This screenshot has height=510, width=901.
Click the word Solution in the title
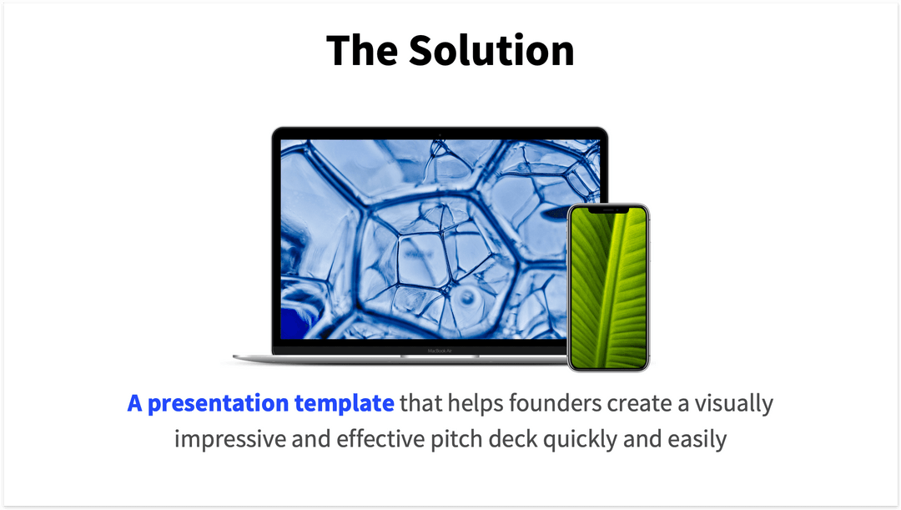(491, 51)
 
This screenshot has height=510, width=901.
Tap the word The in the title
(360, 51)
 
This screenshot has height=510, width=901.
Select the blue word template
(344, 405)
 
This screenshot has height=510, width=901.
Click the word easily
(697, 439)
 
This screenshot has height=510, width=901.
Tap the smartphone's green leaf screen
(608, 288)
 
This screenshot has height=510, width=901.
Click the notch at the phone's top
(608, 210)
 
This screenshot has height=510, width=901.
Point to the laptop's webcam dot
(440, 134)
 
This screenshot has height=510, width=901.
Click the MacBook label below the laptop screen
(439, 351)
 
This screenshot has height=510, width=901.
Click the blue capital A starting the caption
(135, 404)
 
